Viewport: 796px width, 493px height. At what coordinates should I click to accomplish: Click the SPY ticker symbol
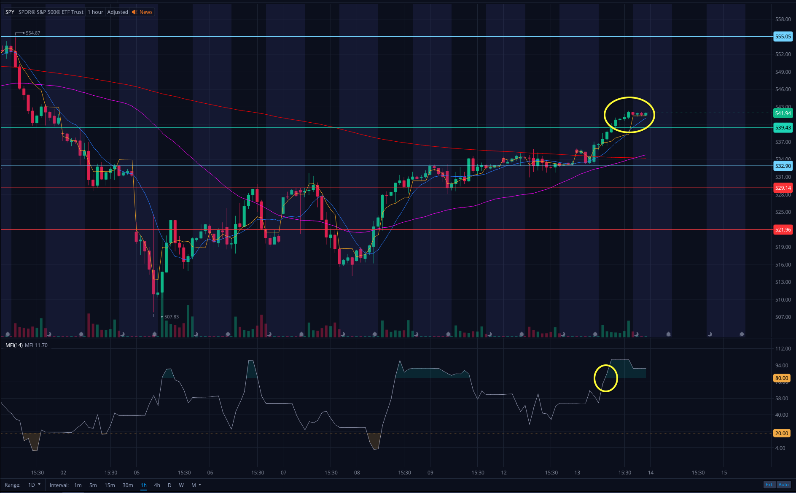[10, 12]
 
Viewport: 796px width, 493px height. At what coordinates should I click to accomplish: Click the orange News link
[145, 12]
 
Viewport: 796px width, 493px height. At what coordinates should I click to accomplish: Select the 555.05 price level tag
[783, 37]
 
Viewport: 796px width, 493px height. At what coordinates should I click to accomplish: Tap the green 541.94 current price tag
[783, 113]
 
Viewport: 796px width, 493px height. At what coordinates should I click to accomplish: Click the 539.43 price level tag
[783, 127]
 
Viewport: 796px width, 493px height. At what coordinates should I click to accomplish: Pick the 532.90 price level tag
[783, 166]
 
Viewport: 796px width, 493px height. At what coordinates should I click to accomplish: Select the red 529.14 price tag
[783, 188]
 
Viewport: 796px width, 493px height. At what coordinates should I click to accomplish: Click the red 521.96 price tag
[783, 229]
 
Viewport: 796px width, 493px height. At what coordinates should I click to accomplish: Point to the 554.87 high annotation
[32, 33]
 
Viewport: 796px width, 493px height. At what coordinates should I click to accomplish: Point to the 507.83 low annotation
[171, 317]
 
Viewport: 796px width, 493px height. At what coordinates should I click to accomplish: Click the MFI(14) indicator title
[14, 345]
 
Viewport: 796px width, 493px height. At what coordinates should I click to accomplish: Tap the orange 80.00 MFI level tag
[781, 378]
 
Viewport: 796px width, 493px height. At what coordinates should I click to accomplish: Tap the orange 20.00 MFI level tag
[781, 433]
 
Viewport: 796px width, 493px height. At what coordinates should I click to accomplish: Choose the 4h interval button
[157, 485]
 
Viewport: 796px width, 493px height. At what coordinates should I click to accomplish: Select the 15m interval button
[110, 485]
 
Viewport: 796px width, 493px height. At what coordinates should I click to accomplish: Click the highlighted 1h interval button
[144, 485]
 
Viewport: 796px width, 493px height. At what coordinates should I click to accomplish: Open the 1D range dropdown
[34, 485]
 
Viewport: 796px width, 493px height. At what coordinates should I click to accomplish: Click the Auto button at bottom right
[783, 485]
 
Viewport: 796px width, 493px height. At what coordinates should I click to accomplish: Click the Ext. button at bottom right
[769, 485]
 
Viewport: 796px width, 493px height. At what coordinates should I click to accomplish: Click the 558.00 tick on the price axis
[783, 19]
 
